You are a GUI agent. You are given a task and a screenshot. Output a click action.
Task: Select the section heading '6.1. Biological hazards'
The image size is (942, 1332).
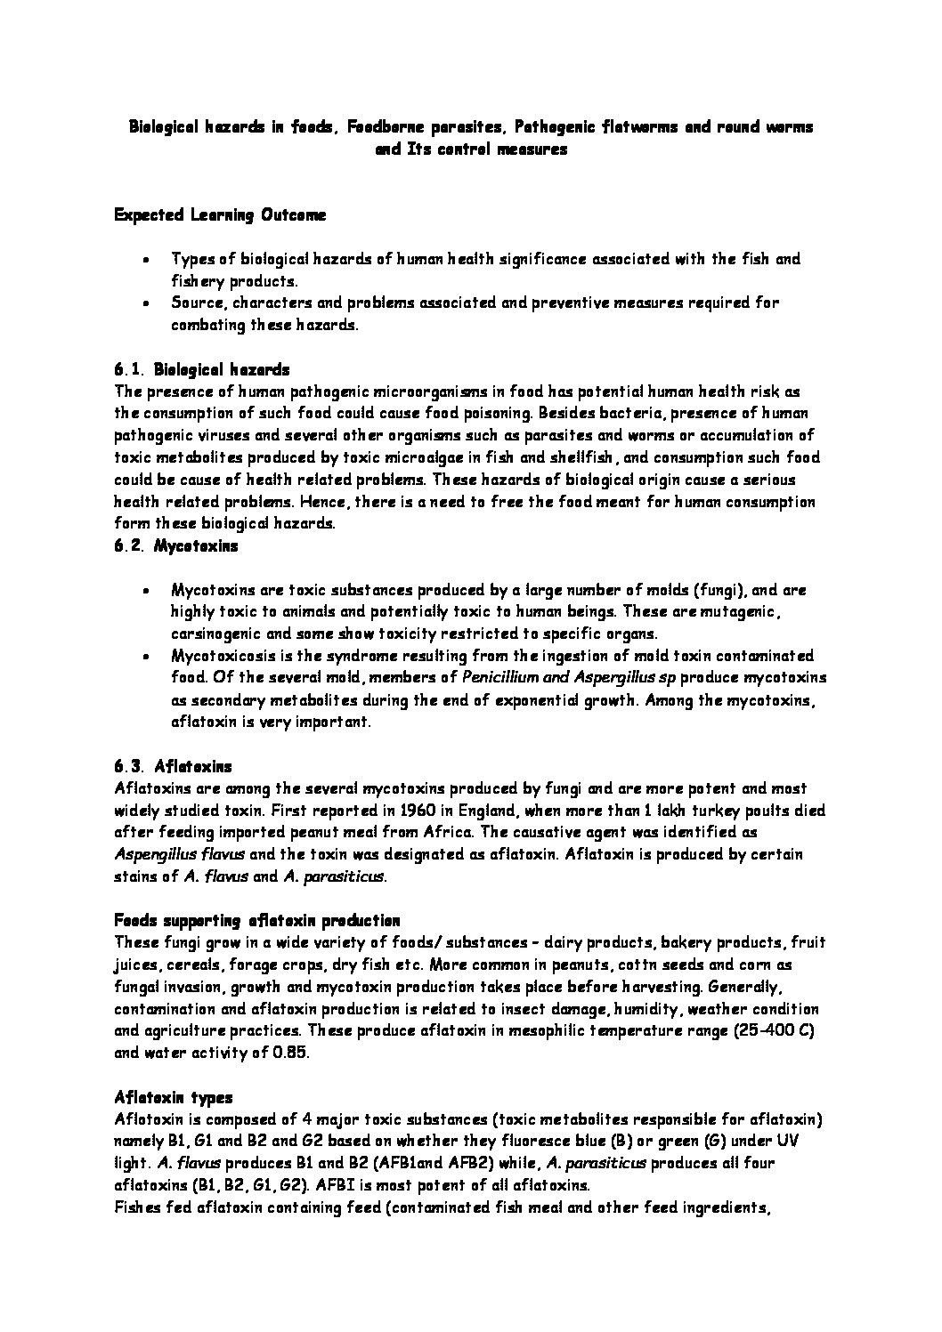(x=201, y=369)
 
